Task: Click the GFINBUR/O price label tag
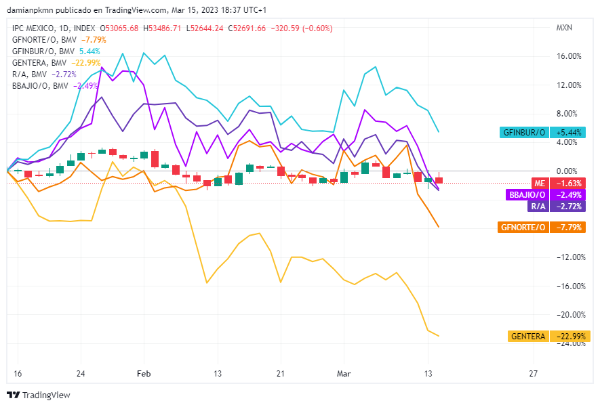pyautogui.click(x=522, y=132)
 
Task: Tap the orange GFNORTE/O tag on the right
pyautogui.click(x=522, y=228)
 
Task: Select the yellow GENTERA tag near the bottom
pyautogui.click(x=528, y=337)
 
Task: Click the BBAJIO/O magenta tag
pyautogui.click(x=527, y=195)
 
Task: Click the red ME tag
pyautogui.click(x=539, y=184)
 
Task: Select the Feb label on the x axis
pyautogui.click(x=143, y=373)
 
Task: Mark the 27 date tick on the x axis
pyautogui.click(x=533, y=373)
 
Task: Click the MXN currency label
pyautogui.click(x=564, y=28)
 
